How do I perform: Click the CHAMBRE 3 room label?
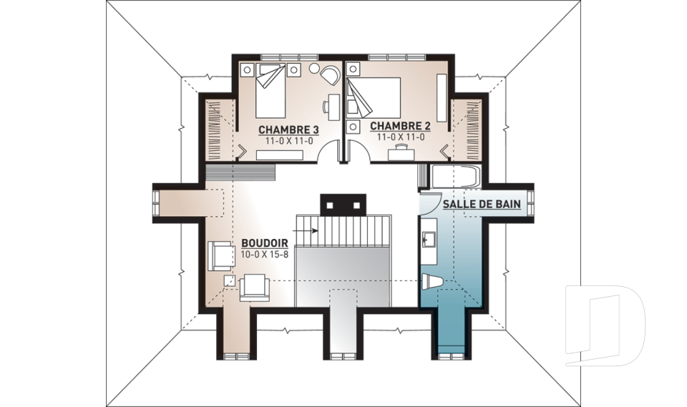288,129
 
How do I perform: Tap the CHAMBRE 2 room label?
401,126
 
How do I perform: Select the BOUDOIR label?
265,243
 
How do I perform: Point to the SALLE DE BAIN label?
482,204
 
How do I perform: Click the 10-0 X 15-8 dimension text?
265,254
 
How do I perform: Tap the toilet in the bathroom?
431,281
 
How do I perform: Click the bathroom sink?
428,240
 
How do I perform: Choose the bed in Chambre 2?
374,97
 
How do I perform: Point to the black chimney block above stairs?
343,205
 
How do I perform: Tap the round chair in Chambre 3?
329,74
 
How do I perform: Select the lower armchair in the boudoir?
255,288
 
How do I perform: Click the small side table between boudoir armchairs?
229,280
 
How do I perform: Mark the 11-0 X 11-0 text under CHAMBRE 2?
401,137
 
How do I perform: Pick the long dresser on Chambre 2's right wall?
442,98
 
